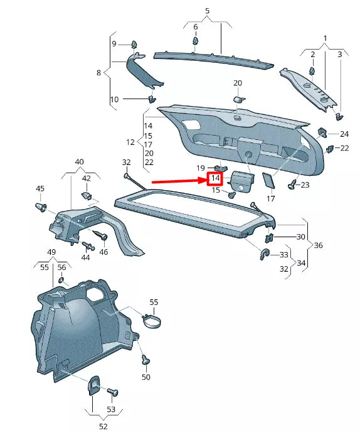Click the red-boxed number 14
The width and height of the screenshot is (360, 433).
point(214,180)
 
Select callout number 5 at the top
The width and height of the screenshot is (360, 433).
point(207,11)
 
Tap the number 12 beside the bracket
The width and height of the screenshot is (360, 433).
point(130,142)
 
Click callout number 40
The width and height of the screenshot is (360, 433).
point(80,162)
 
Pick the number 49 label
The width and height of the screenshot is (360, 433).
point(53,252)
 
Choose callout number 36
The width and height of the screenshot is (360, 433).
point(318,245)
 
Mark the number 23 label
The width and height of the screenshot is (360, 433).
point(305,185)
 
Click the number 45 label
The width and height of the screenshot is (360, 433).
point(40,188)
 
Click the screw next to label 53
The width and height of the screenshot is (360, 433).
point(114,392)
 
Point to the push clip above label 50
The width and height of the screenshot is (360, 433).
point(146,360)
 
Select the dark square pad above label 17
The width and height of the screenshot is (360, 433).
point(269,181)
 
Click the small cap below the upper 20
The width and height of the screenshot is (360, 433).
point(238,99)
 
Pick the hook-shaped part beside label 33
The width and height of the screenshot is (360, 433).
point(264,254)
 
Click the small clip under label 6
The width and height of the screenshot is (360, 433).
point(196,41)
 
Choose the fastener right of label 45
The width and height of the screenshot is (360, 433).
point(41,208)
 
